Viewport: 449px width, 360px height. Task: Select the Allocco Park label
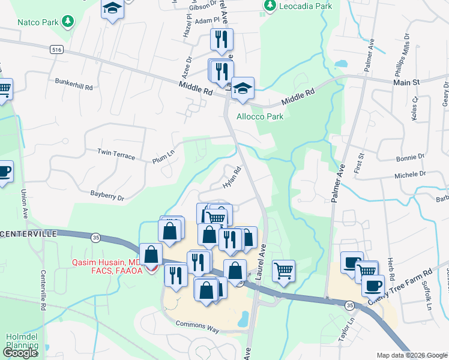259,116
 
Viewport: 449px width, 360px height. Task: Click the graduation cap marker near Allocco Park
243,89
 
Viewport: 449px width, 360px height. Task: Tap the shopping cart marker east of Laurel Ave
283,270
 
